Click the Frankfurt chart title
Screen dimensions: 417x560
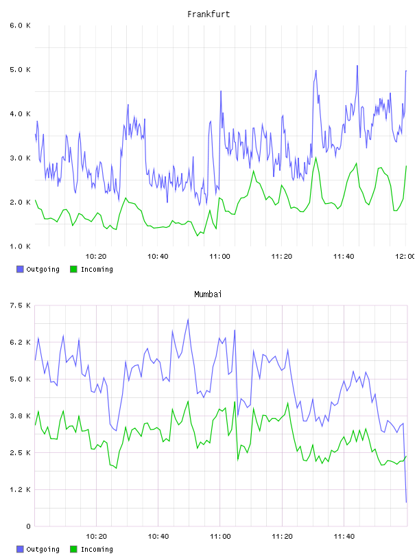point(208,14)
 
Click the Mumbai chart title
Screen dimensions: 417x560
point(208,294)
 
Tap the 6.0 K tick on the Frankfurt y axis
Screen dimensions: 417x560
point(21,25)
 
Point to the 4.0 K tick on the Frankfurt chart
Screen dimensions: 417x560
point(21,114)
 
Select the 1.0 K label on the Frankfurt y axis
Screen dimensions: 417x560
point(21,246)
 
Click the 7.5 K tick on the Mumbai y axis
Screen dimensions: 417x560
point(21,305)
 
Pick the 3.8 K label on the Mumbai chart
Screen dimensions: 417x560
point(21,416)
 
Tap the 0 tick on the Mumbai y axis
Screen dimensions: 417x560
point(28,526)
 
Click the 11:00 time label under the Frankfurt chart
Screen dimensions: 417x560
point(219,257)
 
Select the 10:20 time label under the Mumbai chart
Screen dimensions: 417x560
point(96,537)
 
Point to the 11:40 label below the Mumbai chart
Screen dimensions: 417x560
point(344,537)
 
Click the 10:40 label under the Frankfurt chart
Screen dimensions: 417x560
point(158,257)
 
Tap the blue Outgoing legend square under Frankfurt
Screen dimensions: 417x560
point(20,269)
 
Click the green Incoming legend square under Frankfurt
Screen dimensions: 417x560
point(73,269)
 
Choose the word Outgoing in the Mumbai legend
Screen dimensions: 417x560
point(43,549)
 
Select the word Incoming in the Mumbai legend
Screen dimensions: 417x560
point(97,549)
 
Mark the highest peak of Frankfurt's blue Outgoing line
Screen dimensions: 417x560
point(357,66)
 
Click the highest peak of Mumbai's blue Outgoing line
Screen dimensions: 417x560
point(188,319)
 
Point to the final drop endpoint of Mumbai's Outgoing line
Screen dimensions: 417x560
point(406,502)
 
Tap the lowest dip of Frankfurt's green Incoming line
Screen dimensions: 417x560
point(198,235)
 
